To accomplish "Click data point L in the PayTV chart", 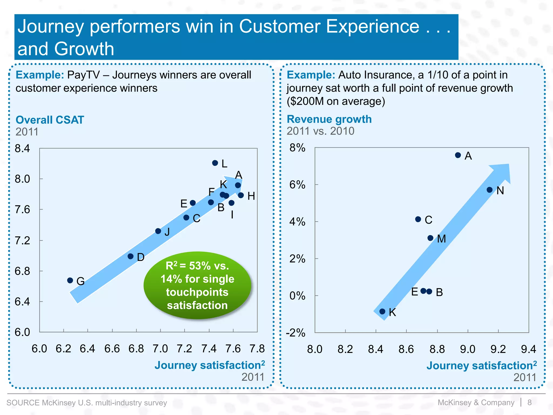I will (x=215, y=163).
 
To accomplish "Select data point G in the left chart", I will (x=70, y=280).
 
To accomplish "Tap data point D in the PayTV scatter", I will (x=130, y=256).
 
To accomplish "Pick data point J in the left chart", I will (x=158, y=231).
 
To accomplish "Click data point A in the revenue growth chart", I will (x=458, y=155).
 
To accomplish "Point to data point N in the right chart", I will (x=490, y=190).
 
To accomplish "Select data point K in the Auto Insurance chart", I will (x=382, y=312).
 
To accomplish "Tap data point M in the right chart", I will (x=430, y=238).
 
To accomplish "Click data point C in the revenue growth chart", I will (x=418, y=219).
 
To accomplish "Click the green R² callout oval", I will (x=197, y=285).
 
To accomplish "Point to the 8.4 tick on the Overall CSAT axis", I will (x=22, y=148).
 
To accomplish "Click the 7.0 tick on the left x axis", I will (x=160, y=349).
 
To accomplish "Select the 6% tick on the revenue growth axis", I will (x=297, y=185).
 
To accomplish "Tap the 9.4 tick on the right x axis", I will (x=528, y=349).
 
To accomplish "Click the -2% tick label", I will (x=296, y=333).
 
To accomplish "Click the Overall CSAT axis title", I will (x=50, y=120).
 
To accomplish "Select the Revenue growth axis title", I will (x=329, y=119).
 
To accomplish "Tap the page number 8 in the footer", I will (x=530, y=403).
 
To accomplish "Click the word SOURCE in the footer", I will (x=23, y=403).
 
